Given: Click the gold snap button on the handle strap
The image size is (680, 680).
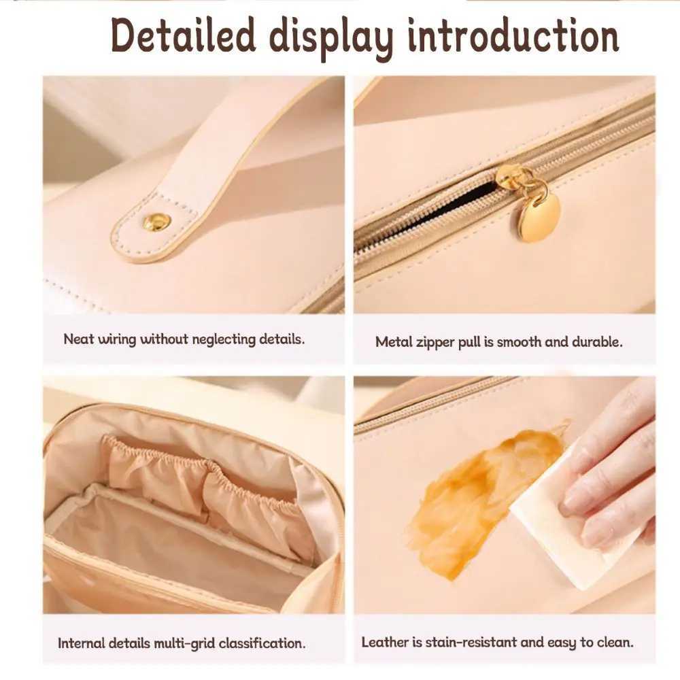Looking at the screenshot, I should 156,222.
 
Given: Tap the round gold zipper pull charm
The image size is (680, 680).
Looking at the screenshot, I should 540,216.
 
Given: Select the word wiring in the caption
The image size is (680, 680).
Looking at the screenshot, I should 116,339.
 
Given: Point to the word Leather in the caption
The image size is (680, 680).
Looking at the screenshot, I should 384,642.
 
